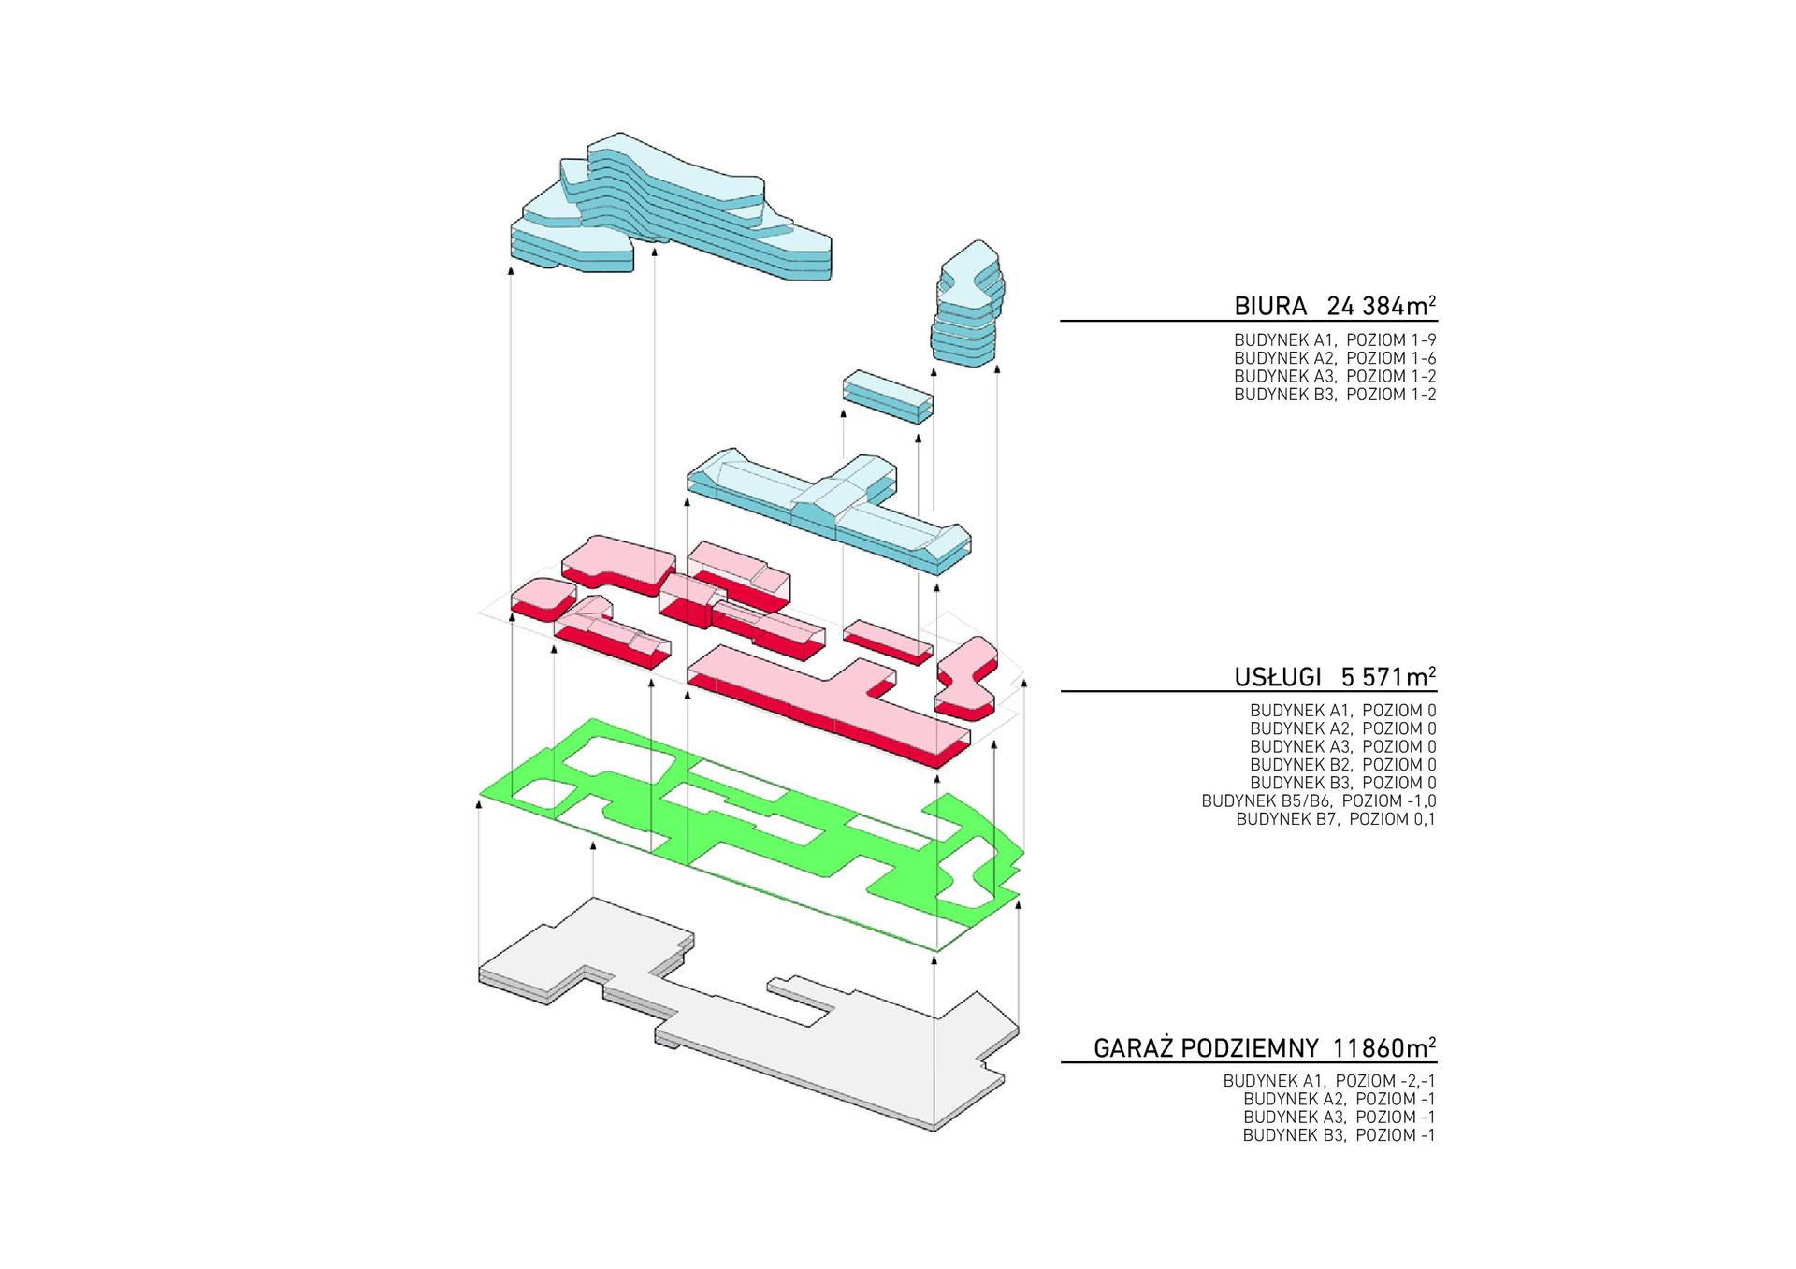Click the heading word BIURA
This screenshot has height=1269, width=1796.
[1269, 306]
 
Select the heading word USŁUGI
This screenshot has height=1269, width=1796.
[1278, 676]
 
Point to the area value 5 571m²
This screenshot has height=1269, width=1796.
[1389, 676]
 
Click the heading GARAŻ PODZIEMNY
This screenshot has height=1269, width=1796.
[1206, 1047]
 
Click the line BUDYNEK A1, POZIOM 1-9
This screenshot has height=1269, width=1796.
[1335, 340]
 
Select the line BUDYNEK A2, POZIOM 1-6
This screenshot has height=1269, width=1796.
[1335, 358]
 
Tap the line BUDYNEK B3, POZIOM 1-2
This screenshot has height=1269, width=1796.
[1335, 395]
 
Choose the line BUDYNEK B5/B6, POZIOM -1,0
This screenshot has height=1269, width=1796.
[1319, 801]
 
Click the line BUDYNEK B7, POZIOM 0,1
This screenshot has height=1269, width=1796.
[1336, 819]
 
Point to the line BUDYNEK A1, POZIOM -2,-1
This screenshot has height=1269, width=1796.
[1329, 1080]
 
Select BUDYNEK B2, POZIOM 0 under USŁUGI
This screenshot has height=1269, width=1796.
[1342, 765]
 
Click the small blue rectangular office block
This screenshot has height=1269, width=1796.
[887, 397]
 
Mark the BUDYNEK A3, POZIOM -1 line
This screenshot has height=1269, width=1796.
[1339, 1118]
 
